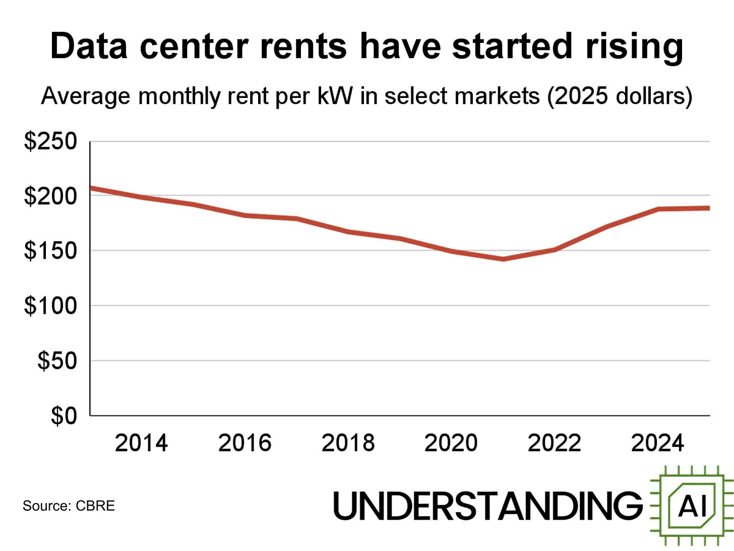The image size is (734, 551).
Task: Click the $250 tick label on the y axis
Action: click(x=50, y=141)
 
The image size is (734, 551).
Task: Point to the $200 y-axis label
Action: click(x=50, y=196)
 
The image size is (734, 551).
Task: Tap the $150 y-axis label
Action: click(x=50, y=251)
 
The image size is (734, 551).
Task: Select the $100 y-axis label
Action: click(x=50, y=306)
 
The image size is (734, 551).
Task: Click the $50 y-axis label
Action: click(x=57, y=361)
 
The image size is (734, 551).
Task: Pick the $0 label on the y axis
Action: click(x=64, y=416)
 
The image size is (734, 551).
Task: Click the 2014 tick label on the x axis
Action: click(x=141, y=443)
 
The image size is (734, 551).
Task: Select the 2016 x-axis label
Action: click(x=244, y=443)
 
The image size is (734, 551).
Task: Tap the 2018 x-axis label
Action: click(x=348, y=443)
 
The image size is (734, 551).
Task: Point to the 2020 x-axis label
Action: click(x=451, y=443)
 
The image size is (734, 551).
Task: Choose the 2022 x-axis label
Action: click(x=554, y=443)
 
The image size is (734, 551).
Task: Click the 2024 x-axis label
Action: click(x=657, y=443)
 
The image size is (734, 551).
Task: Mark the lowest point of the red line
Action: click(x=503, y=259)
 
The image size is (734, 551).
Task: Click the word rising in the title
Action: click(x=634, y=47)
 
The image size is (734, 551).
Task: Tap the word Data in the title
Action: click(x=89, y=46)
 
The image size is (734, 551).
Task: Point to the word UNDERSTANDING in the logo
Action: click(x=487, y=506)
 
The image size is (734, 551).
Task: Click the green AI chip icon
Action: click(x=692, y=506)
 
